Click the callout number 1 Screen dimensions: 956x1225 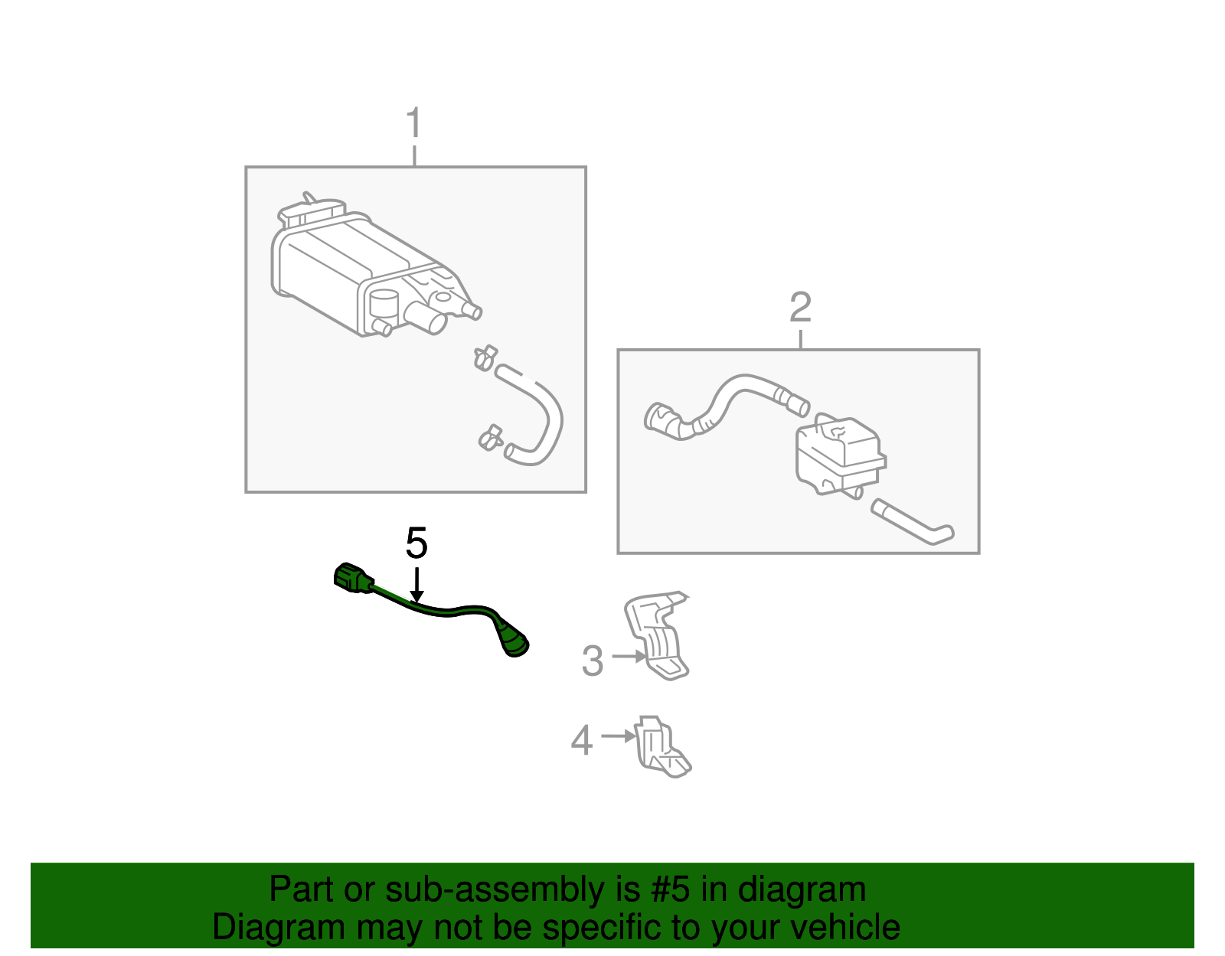413,123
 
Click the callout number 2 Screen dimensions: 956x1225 800,308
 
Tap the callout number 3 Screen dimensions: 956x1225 593,661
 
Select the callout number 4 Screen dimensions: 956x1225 582,740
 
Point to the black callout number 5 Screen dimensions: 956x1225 416,543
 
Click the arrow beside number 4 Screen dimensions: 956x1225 619,736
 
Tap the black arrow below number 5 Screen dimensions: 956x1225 416,585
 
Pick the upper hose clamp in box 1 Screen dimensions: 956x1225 485,357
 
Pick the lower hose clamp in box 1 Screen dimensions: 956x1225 489,438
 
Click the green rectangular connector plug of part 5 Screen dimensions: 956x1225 351,578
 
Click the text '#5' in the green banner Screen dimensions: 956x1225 670,890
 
